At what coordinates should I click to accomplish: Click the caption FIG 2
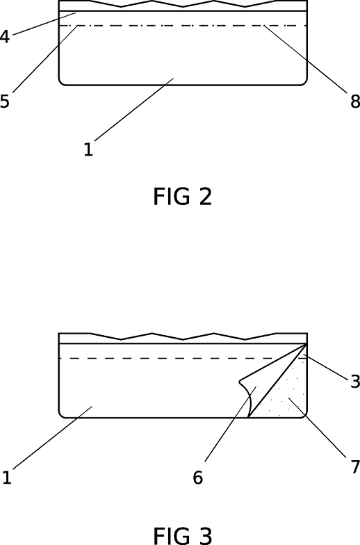point(182,197)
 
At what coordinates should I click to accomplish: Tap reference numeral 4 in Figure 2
point(5,37)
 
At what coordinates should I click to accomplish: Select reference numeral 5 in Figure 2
point(5,101)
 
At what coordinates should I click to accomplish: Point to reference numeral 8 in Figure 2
point(355,101)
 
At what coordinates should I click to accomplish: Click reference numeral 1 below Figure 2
point(88,149)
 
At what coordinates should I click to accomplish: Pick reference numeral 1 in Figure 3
point(6,478)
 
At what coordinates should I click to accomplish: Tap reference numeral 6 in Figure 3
point(198,478)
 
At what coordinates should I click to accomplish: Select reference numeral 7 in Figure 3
point(354,466)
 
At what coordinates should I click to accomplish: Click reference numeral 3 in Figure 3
point(354,381)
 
